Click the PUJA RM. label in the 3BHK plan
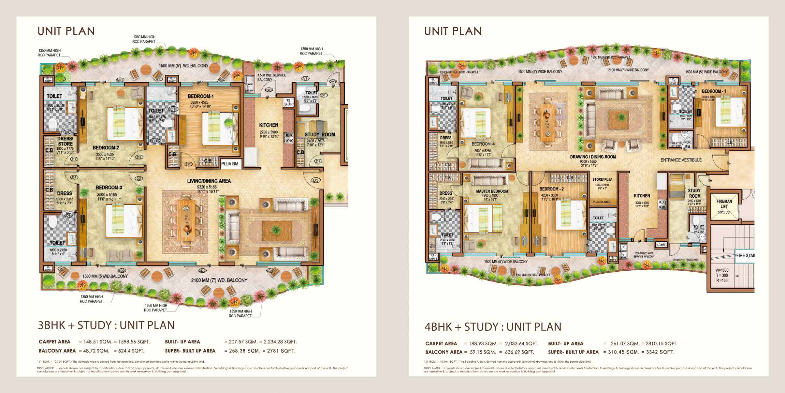(230, 164)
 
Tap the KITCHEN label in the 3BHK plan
(269, 125)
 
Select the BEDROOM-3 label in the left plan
(109, 188)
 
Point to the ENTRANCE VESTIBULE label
(681, 160)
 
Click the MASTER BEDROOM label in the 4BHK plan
(492, 191)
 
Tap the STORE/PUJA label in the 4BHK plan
(602, 179)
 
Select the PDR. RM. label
(688, 144)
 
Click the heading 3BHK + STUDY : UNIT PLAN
(106, 325)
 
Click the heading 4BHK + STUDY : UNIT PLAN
(493, 326)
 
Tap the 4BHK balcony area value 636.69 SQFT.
(518, 352)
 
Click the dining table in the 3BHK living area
(186, 220)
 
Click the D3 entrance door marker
(315, 180)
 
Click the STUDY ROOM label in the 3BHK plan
(319, 134)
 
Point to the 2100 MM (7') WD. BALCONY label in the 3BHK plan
(219, 280)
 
